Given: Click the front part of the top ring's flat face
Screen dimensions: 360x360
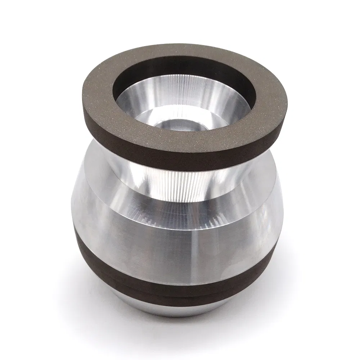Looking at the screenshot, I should click(180, 144).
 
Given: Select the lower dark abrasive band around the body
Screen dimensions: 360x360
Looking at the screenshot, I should click(162, 284).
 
